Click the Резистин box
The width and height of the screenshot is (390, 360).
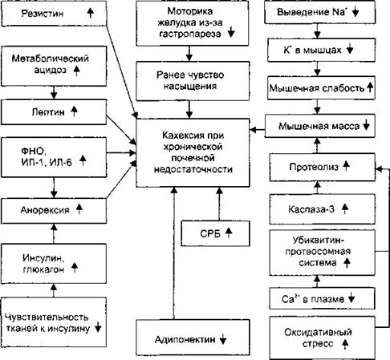(x=54, y=14)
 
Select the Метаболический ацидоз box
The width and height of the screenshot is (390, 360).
(x=54, y=66)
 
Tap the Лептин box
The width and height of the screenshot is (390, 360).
(x=54, y=112)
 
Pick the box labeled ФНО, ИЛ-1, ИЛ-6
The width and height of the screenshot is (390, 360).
(x=54, y=157)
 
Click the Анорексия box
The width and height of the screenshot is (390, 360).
(x=54, y=211)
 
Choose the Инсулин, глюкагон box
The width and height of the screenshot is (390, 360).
(x=54, y=264)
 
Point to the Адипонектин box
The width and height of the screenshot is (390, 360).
(x=193, y=338)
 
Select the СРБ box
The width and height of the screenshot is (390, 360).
(x=216, y=233)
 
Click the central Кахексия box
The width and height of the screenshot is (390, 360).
(x=193, y=152)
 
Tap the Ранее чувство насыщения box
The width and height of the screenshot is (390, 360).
(x=193, y=81)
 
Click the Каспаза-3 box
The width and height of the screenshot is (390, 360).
(x=323, y=209)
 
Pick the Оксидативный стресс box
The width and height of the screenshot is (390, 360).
(x=323, y=338)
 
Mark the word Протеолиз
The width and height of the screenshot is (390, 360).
(x=314, y=168)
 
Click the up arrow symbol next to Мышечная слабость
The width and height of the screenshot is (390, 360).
(x=370, y=87)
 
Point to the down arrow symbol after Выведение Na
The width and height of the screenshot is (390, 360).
(x=355, y=12)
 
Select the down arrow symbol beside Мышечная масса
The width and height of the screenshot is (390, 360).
(x=367, y=125)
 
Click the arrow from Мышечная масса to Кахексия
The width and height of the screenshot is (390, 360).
(x=258, y=130)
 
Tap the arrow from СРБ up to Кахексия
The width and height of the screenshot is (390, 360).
(x=219, y=204)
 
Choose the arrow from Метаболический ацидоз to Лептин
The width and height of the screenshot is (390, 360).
(x=54, y=93)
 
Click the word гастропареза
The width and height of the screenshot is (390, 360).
(x=190, y=34)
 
